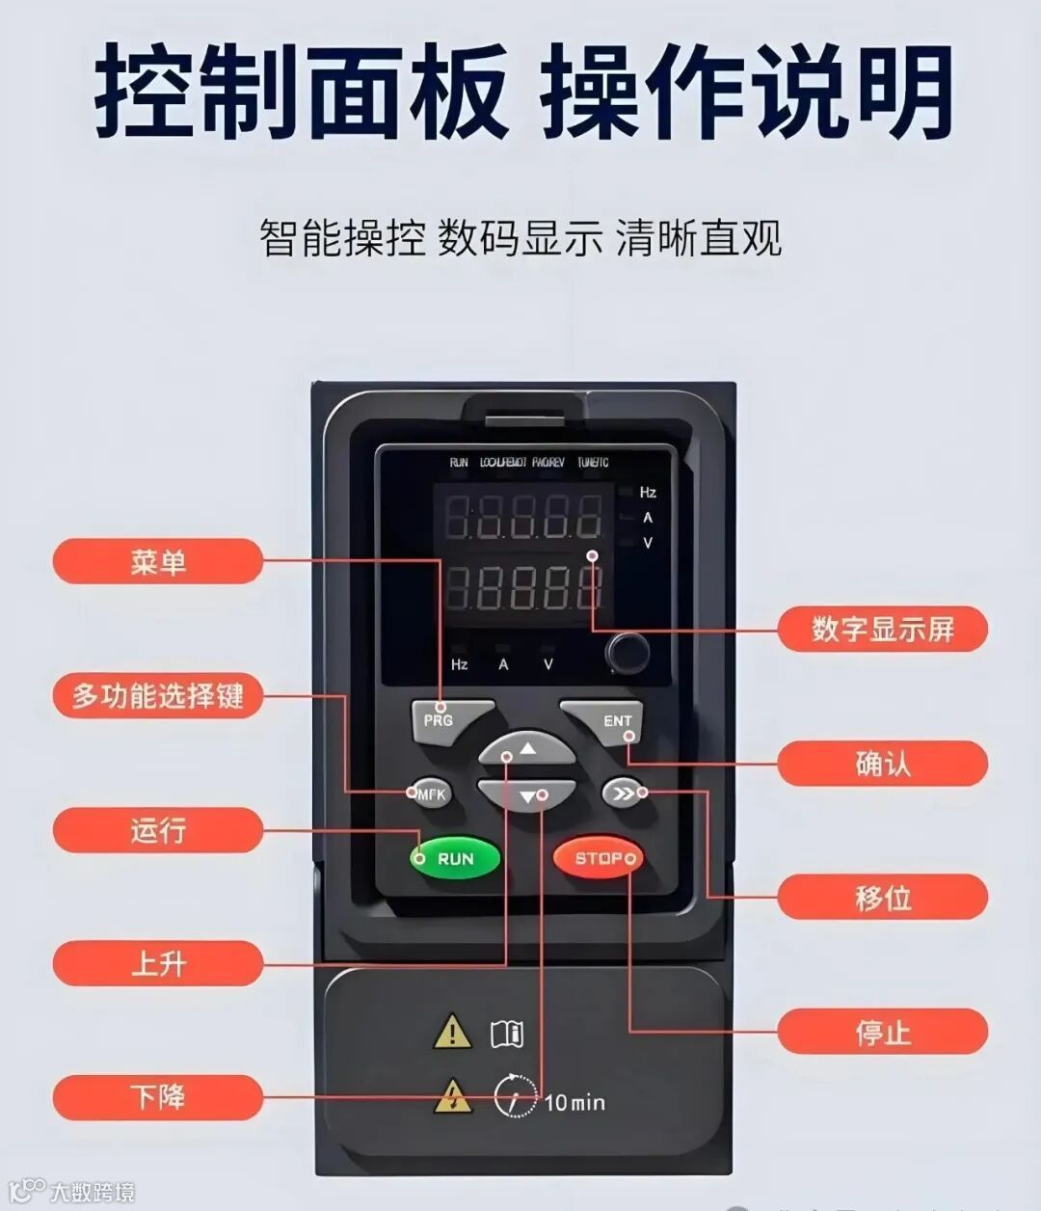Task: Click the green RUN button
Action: pos(455,858)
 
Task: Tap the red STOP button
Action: pos(598,858)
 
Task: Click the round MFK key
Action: pos(431,794)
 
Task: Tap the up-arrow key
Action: pos(526,749)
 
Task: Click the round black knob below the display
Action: pos(627,653)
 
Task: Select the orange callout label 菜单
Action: pos(157,562)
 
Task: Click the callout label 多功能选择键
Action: pos(157,696)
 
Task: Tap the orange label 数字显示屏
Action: pos(882,630)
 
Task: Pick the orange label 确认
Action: pos(882,764)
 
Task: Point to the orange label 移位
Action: pos(882,898)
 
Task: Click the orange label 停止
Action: pos(882,1032)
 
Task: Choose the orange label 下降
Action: pos(157,1097)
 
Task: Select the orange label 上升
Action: pos(157,963)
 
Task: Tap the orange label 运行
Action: pos(157,830)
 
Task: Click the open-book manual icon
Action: pos(507,1034)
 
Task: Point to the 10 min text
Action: pos(574,1102)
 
